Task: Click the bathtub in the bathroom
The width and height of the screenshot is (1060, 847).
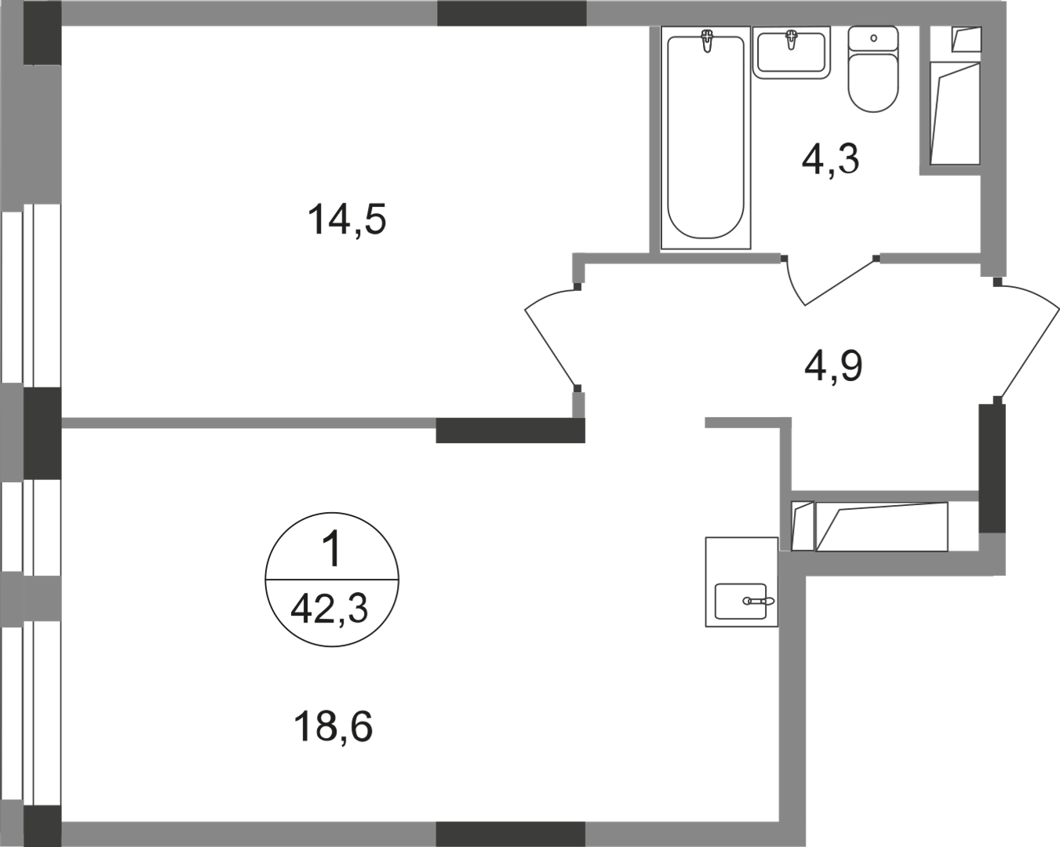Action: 705,137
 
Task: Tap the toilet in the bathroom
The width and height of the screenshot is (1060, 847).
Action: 872,69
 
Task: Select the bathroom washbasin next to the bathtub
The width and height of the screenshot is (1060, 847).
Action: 791,53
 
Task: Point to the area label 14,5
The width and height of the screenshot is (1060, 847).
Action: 347,220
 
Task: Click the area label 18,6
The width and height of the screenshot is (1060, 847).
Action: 333,727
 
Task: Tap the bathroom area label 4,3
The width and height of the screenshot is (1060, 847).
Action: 830,158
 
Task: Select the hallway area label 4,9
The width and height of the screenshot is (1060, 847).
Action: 833,365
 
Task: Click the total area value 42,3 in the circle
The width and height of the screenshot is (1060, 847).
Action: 329,609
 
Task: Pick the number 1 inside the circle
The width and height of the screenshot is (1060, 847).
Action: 333,550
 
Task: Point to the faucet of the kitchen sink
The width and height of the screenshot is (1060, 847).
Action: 759,601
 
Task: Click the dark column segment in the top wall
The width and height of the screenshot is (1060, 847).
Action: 512,13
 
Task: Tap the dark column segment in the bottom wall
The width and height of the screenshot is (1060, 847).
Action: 510,834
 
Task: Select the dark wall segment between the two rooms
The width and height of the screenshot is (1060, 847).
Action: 510,431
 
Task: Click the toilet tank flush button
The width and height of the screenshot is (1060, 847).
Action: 873,38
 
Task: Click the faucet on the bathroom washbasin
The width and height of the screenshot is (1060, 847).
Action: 791,39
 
